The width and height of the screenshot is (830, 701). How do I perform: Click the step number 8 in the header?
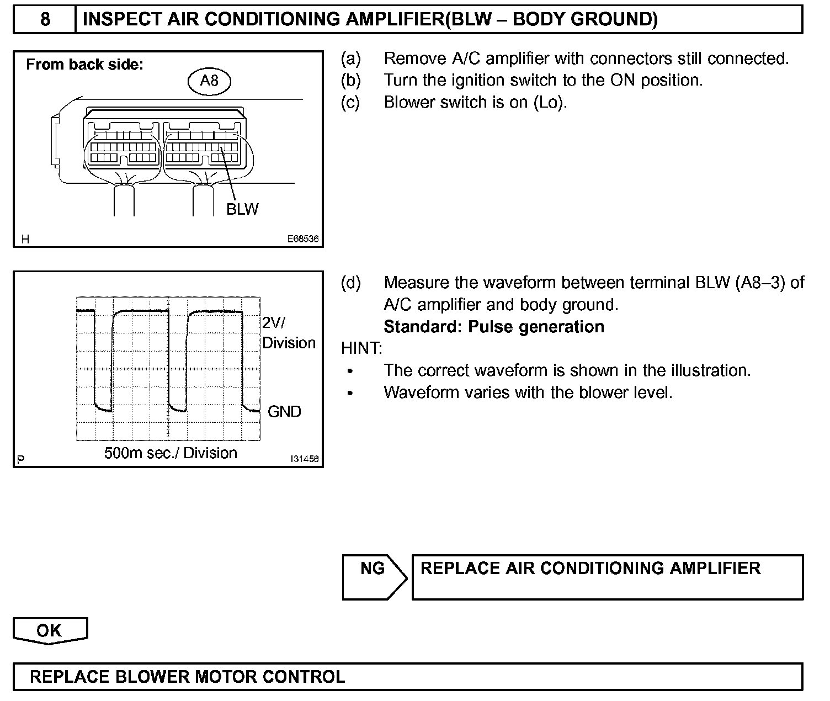click(45, 19)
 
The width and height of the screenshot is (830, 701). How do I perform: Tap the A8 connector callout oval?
click(209, 81)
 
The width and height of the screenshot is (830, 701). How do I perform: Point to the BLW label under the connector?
click(242, 209)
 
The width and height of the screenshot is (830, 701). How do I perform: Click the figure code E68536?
click(302, 240)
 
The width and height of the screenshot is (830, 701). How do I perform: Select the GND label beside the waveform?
click(284, 411)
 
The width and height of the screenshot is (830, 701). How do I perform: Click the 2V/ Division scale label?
click(288, 333)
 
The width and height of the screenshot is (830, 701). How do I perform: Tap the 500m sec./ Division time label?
click(171, 453)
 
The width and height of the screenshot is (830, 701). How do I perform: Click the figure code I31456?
click(304, 459)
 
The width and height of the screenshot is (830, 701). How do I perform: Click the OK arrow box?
click(50, 630)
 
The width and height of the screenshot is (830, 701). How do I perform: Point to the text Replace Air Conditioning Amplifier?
click(590, 569)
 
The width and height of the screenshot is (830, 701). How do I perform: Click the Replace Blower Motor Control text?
click(188, 677)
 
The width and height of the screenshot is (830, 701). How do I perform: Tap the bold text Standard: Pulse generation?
click(494, 327)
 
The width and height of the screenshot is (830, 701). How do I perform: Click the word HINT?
click(361, 348)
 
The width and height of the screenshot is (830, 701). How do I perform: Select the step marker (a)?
click(351, 59)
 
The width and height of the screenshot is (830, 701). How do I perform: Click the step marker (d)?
click(351, 283)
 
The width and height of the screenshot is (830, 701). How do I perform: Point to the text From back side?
click(85, 65)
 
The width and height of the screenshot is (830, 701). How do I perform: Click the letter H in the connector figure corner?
click(25, 239)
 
